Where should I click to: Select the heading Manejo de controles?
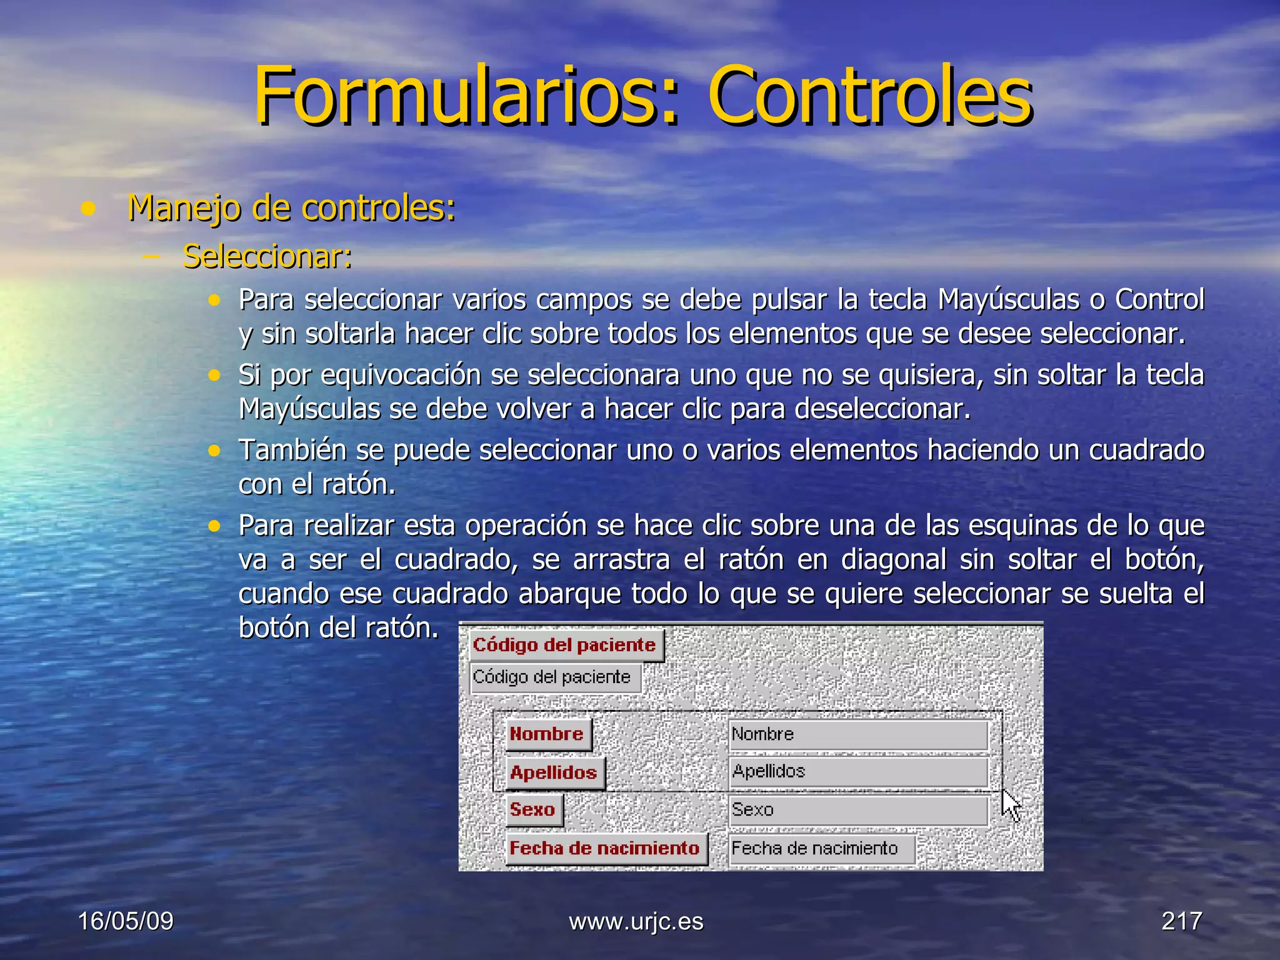click(291, 207)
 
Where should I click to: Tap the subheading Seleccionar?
click(267, 256)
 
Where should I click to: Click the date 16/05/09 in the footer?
click(126, 921)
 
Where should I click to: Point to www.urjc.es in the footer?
click(636, 921)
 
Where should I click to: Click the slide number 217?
click(1181, 921)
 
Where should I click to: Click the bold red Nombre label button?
click(547, 734)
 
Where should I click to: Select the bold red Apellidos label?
click(554, 772)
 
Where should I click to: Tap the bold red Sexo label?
click(532, 810)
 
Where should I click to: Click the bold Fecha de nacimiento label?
click(604, 848)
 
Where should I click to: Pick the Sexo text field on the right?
click(857, 810)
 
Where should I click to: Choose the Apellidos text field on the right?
click(857, 772)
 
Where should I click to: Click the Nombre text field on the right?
click(857, 734)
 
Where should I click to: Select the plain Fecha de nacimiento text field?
click(821, 849)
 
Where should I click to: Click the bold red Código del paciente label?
click(564, 645)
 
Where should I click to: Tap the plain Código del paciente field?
click(554, 677)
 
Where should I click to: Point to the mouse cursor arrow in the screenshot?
click(1009, 804)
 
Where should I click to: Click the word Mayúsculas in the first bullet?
click(1007, 300)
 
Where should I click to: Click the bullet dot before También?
click(214, 451)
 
